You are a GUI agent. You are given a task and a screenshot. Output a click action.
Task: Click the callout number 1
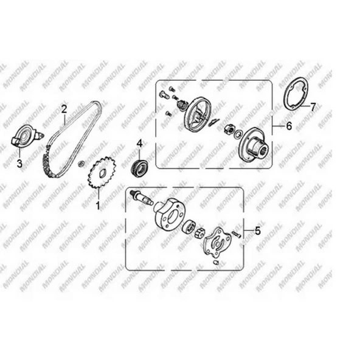[98, 206]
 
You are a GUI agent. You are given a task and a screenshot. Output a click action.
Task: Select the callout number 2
[64, 109]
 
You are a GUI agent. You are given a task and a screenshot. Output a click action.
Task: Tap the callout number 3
[19, 164]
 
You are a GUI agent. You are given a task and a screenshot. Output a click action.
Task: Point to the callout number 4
[140, 144]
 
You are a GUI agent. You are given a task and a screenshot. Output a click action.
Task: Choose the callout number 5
[258, 230]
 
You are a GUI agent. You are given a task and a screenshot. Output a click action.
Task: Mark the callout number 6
[289, 126]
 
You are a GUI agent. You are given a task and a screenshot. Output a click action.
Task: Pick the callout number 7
[313, 107]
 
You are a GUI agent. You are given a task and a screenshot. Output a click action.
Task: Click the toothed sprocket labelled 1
[102, 173]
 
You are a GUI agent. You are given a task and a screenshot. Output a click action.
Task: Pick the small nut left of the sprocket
[81, 164]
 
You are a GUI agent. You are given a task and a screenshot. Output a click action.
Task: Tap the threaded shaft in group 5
[142, 198]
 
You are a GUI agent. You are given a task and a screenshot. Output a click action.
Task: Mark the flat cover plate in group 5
[218, 243]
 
